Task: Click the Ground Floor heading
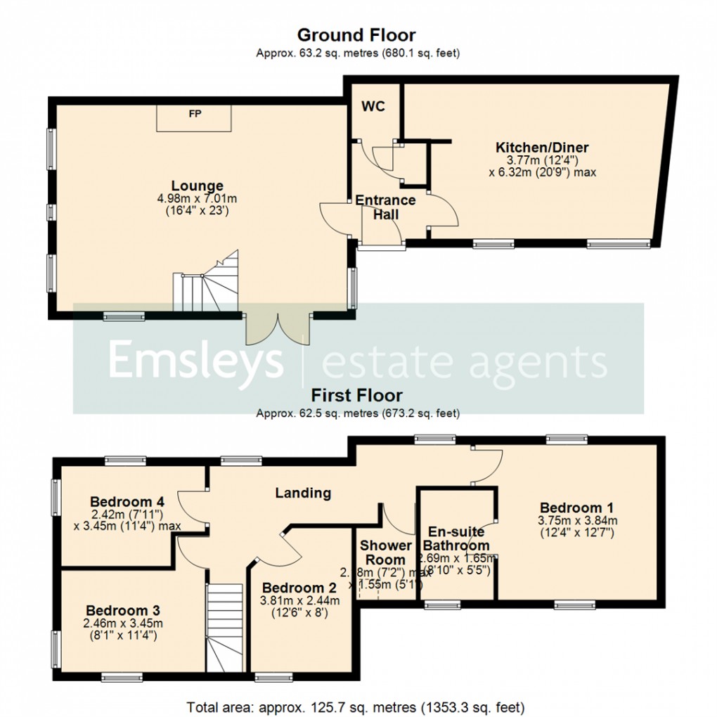(x=356, y=34)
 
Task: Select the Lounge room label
(x=199, y=186)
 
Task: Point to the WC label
(x=375, y=108)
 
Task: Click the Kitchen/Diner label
(x=542, y=148)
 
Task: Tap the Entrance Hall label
(x=385, y=208)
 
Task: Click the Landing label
(x=303, y=493)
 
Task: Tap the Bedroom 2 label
(x=298, y=588)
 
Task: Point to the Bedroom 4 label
(x=127, y=502)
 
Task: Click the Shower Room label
(x=385, y=553)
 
